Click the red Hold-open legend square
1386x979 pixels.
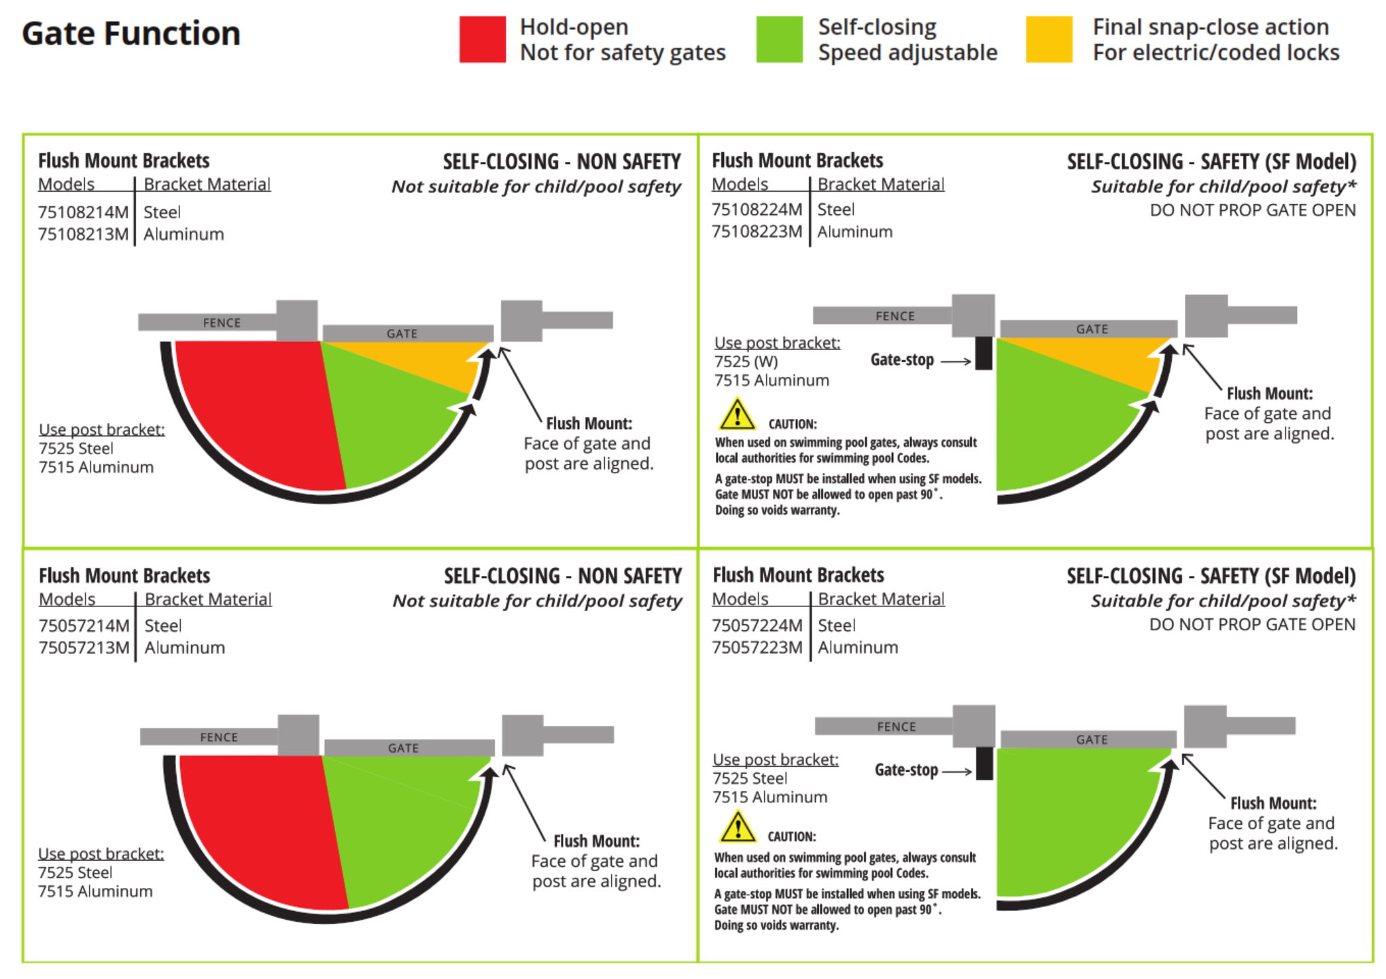click(482, 39)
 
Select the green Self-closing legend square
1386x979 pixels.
click(779, 39)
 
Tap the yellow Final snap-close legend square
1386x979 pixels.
click(1049, 39)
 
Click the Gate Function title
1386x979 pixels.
click(131, 33)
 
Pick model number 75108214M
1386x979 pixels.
click(83, 212)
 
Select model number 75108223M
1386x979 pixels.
click(757, 232)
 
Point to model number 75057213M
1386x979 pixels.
click(84, 647)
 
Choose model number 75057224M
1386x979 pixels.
click(757, 625)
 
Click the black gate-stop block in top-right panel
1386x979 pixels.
click(983, 353)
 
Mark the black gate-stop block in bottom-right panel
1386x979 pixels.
click(984, 763)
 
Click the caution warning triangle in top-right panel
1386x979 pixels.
click(737, 415)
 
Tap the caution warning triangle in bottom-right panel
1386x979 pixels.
click(737, 827)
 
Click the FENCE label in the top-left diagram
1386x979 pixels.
click(222, 322)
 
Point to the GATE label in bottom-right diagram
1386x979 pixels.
click(1092, 739)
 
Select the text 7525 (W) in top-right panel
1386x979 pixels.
click(746, 361)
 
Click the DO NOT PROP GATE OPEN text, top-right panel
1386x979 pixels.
click(1252, 210)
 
